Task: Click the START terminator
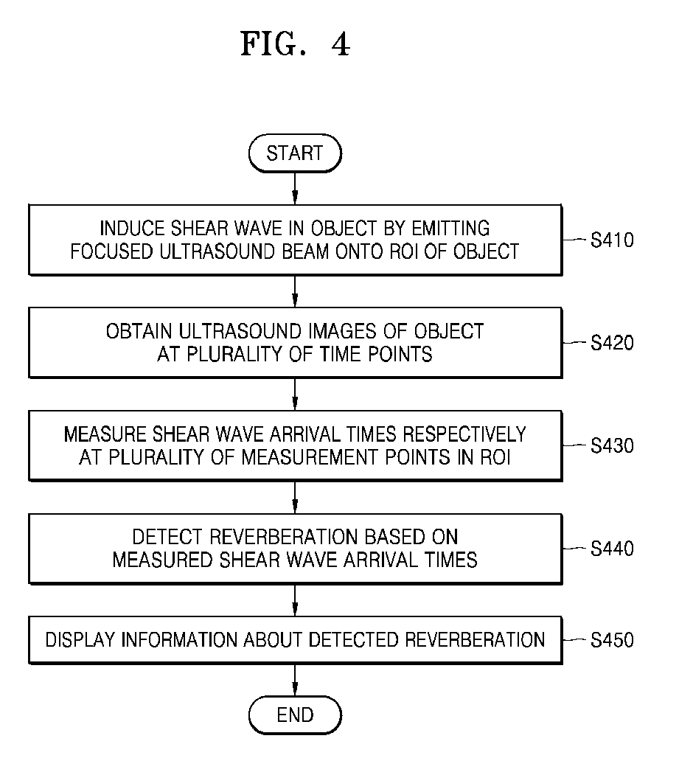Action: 295,153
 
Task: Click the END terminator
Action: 295,715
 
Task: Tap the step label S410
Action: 613,240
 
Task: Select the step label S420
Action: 613,343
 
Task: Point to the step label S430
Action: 613,446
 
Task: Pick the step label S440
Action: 613,549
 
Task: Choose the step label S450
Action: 613,640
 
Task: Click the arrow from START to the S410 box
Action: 295,188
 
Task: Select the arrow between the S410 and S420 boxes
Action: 295,291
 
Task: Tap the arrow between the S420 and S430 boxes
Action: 295,394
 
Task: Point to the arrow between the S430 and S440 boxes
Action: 295,497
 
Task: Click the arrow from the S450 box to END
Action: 295,680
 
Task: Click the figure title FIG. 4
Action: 296,44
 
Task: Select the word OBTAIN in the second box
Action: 139,331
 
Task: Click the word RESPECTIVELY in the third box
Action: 464,434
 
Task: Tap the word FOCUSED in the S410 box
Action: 111,251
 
